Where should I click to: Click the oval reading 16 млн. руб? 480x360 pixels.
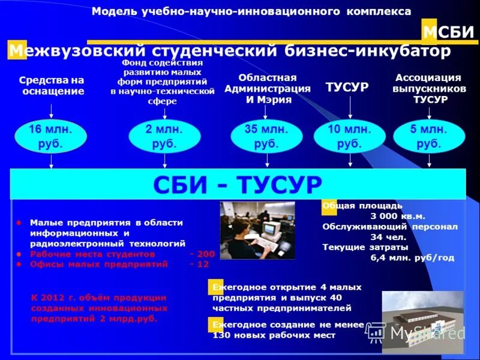[x=51, y=137]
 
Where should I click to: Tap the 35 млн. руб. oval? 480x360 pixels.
[x=266, y=137]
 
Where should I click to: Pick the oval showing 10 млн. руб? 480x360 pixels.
[x=349, y=137]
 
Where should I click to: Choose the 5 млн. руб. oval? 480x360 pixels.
[x=428, y=137]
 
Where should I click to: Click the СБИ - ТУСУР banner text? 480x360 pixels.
[x=238, y=184]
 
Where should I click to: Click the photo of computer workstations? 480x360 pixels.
[x=257, y=230]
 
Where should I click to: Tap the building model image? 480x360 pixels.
[x=422, y=320]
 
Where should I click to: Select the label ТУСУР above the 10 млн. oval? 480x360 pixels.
[x=347, y=88]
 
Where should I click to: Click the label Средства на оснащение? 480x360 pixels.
[x=52, y=86]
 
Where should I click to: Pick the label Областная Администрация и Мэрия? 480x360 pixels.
[x=268, y=89]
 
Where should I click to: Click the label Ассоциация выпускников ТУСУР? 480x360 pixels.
[x=428, y=89]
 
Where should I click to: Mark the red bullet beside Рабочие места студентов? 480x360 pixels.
[x=19, y=254]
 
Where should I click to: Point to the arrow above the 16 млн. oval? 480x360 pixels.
[x=51, y=111]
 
